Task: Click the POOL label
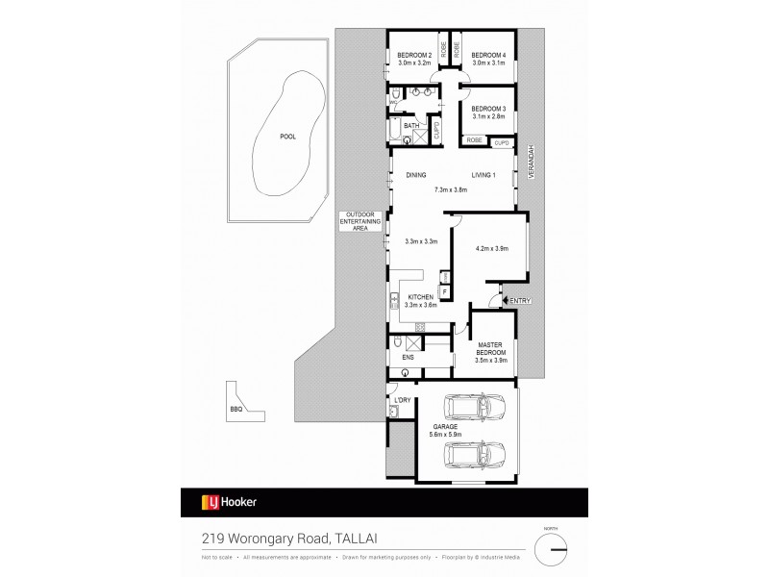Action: [x=287, y=137]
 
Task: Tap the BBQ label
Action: [x=236, y=410]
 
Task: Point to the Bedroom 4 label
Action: [x=488, y=55]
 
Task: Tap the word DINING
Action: [x=416, y=175]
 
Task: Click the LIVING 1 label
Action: [x=483, y=175]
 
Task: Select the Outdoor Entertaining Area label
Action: [x=360, y=220]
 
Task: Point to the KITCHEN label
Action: [x=422, y=296]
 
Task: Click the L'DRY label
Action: [x=403, y=399]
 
